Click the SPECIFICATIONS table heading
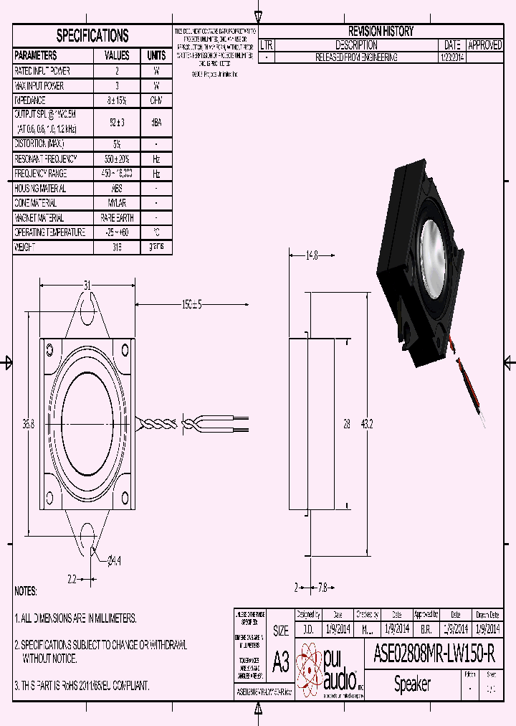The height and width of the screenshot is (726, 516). point(92,36)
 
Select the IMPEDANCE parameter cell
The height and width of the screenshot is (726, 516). point(30,101)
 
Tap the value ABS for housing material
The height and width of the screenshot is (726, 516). point(117,189)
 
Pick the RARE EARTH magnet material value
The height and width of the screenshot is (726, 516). point(117,218)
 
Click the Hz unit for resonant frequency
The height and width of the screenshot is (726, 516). point(156,159)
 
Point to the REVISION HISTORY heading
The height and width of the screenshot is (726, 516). point(381,31)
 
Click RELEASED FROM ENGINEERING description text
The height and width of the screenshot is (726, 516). point(356,57)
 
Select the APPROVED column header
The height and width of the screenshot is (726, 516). point(484,44)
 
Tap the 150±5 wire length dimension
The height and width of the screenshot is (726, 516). point(191,304)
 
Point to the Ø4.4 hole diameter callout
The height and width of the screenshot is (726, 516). point(114,560)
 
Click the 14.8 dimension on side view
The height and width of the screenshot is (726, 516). point(311,255)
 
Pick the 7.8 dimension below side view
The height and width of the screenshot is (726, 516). point(322,588)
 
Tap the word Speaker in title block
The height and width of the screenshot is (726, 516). point(412,684)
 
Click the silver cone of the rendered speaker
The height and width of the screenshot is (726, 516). point(434,255)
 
